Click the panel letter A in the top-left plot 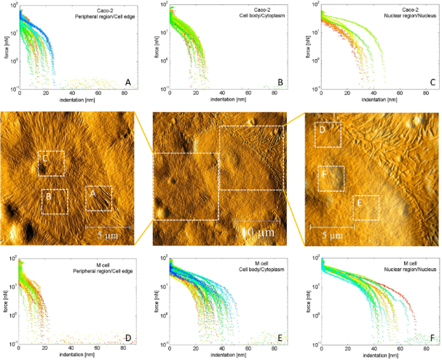[x=127, y=83]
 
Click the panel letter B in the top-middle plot [x=278, y=83]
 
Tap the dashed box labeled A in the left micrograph [x=100, y=198]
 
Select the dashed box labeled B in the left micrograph [x=55, y=201]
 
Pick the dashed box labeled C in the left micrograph [x=51, y=163]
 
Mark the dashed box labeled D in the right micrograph [x=328, y=135]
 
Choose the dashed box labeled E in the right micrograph [x=366, y=207]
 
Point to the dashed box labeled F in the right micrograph [x=331, y=178]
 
